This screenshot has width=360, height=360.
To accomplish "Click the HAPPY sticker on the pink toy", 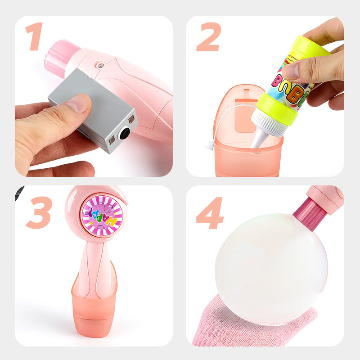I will click(x=102, y=216).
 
